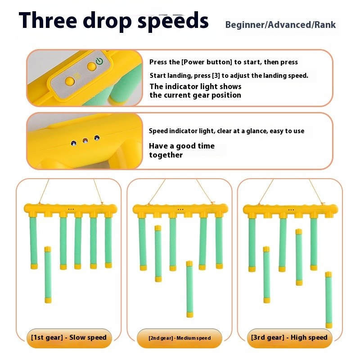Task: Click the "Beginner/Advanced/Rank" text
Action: click(x=280, y=25)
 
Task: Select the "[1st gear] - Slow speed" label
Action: click(x=69, y=337)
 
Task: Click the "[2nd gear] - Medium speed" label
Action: click(x=180, y=338)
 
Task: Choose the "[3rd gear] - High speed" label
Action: click(x=289, y=337)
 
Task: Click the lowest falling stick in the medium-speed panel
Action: click(x=189, y=289)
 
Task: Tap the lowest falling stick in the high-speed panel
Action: click(x=328, y=299)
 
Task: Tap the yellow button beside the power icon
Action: click(x=91, y=67)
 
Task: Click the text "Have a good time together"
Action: click(x=181, y=150)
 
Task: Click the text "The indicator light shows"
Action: click(x=195, y=86)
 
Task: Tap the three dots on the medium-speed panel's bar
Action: click(x=180, y=209)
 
